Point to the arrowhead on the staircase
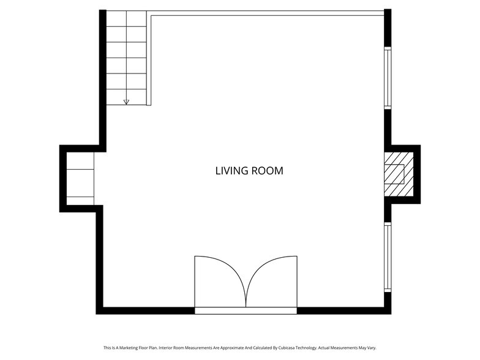pyautogui.click(x=127, y=102)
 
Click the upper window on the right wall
pyautogui.click(x=387, y=77)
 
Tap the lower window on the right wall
pyautogui.click(x=387, y=256)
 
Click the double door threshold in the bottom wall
pyautogui.click(x=246, y=310)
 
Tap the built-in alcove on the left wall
pyautogui.click(x=80, y=178)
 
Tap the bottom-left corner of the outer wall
pyautogui.click(x=99, y=310)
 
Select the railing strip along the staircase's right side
pyautogui.click(x=149, y=58)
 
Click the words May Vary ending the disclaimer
pyautogui.click(x=367, y=348)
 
